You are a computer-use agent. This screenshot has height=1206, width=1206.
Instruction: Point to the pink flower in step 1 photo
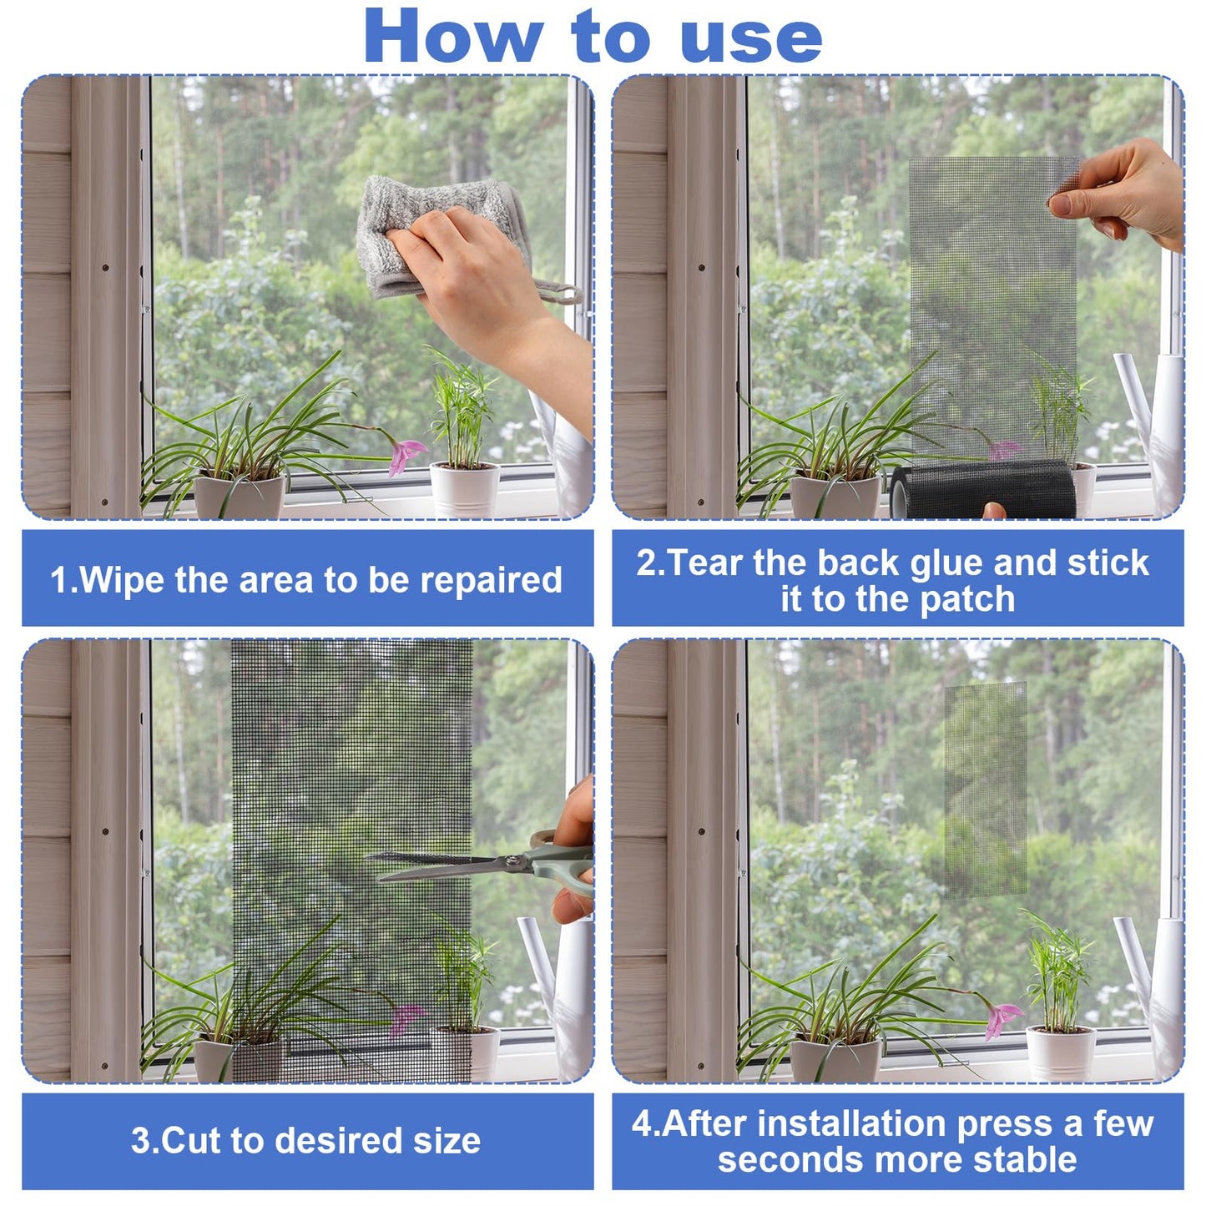(406, 456)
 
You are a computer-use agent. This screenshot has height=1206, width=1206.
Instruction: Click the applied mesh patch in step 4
(985, 789)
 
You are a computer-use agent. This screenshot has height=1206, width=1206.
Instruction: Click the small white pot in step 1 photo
(464, 488)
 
